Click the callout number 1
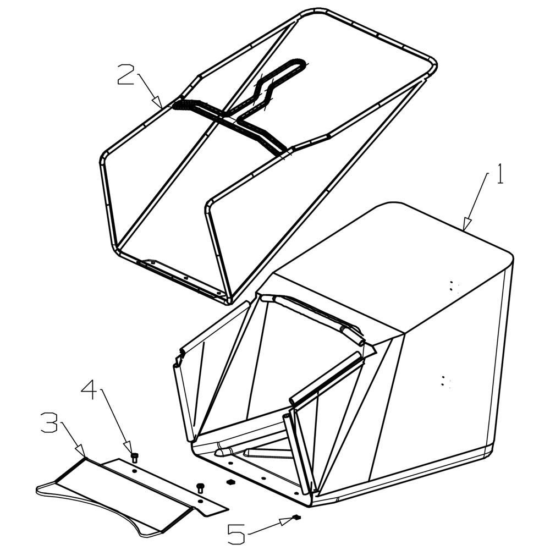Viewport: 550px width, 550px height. [500, 174]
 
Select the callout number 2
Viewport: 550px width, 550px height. [126, 74]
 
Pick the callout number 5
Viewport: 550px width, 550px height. [237, 534]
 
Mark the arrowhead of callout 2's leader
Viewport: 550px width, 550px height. [158, 102]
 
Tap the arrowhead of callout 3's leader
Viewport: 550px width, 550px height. [81, 451]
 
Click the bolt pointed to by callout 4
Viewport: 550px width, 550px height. [134, 458]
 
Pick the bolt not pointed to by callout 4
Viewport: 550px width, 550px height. [201, 487]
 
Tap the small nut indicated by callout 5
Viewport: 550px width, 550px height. [297, 516]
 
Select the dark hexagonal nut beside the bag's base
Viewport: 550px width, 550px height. [230, 481]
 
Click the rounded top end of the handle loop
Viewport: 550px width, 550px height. [298, 63]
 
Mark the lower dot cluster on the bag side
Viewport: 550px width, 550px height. [446, 381]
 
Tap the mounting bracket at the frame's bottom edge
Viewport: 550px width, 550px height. [183, 277]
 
